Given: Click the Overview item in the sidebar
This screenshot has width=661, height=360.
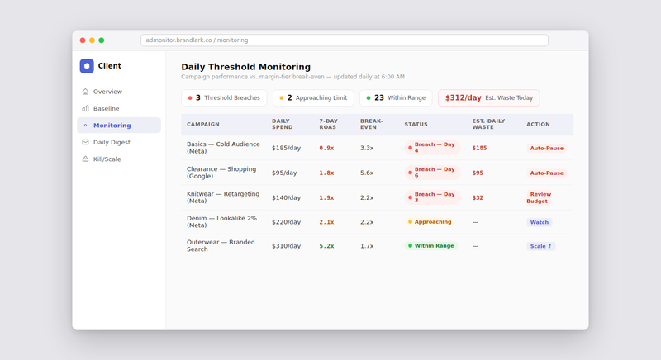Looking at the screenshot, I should click(x=107, y=92).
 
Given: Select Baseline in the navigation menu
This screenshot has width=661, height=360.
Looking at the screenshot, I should click(x=106, y=108).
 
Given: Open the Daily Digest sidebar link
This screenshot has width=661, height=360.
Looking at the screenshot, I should click(x=112, y=142).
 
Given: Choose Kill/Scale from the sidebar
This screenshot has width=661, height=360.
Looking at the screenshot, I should click(x=107, y=159).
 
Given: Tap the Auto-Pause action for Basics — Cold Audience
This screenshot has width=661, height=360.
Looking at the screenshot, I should click(x=546, y=148).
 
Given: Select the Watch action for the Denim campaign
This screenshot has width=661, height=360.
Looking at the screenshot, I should click(x=539, y=222).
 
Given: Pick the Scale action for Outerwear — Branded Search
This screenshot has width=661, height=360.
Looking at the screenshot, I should click(x=540, y=246).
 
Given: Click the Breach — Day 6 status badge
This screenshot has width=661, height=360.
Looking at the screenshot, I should click(x=432, y=173).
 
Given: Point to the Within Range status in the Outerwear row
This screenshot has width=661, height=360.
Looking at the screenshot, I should click(x=430, y=246).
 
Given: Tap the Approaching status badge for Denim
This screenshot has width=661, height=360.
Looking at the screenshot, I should click(x=430, y=222).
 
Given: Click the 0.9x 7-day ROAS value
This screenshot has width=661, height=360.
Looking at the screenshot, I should click(x=326, y=148).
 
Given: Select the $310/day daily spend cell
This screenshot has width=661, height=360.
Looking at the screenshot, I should click(x=286, y=246).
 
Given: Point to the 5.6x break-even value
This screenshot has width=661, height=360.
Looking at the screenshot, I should click(x=367, y=173).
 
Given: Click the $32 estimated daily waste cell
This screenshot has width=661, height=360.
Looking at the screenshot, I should click(x=478, y=197).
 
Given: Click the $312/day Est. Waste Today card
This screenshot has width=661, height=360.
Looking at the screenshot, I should click(x=488, y=97).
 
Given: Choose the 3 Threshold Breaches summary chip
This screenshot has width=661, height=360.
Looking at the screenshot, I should click(x=224, y=97).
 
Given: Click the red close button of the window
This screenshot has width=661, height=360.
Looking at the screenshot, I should click(x=83, y=40).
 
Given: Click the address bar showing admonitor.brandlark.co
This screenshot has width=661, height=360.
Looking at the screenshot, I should click(x=344, y=40).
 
